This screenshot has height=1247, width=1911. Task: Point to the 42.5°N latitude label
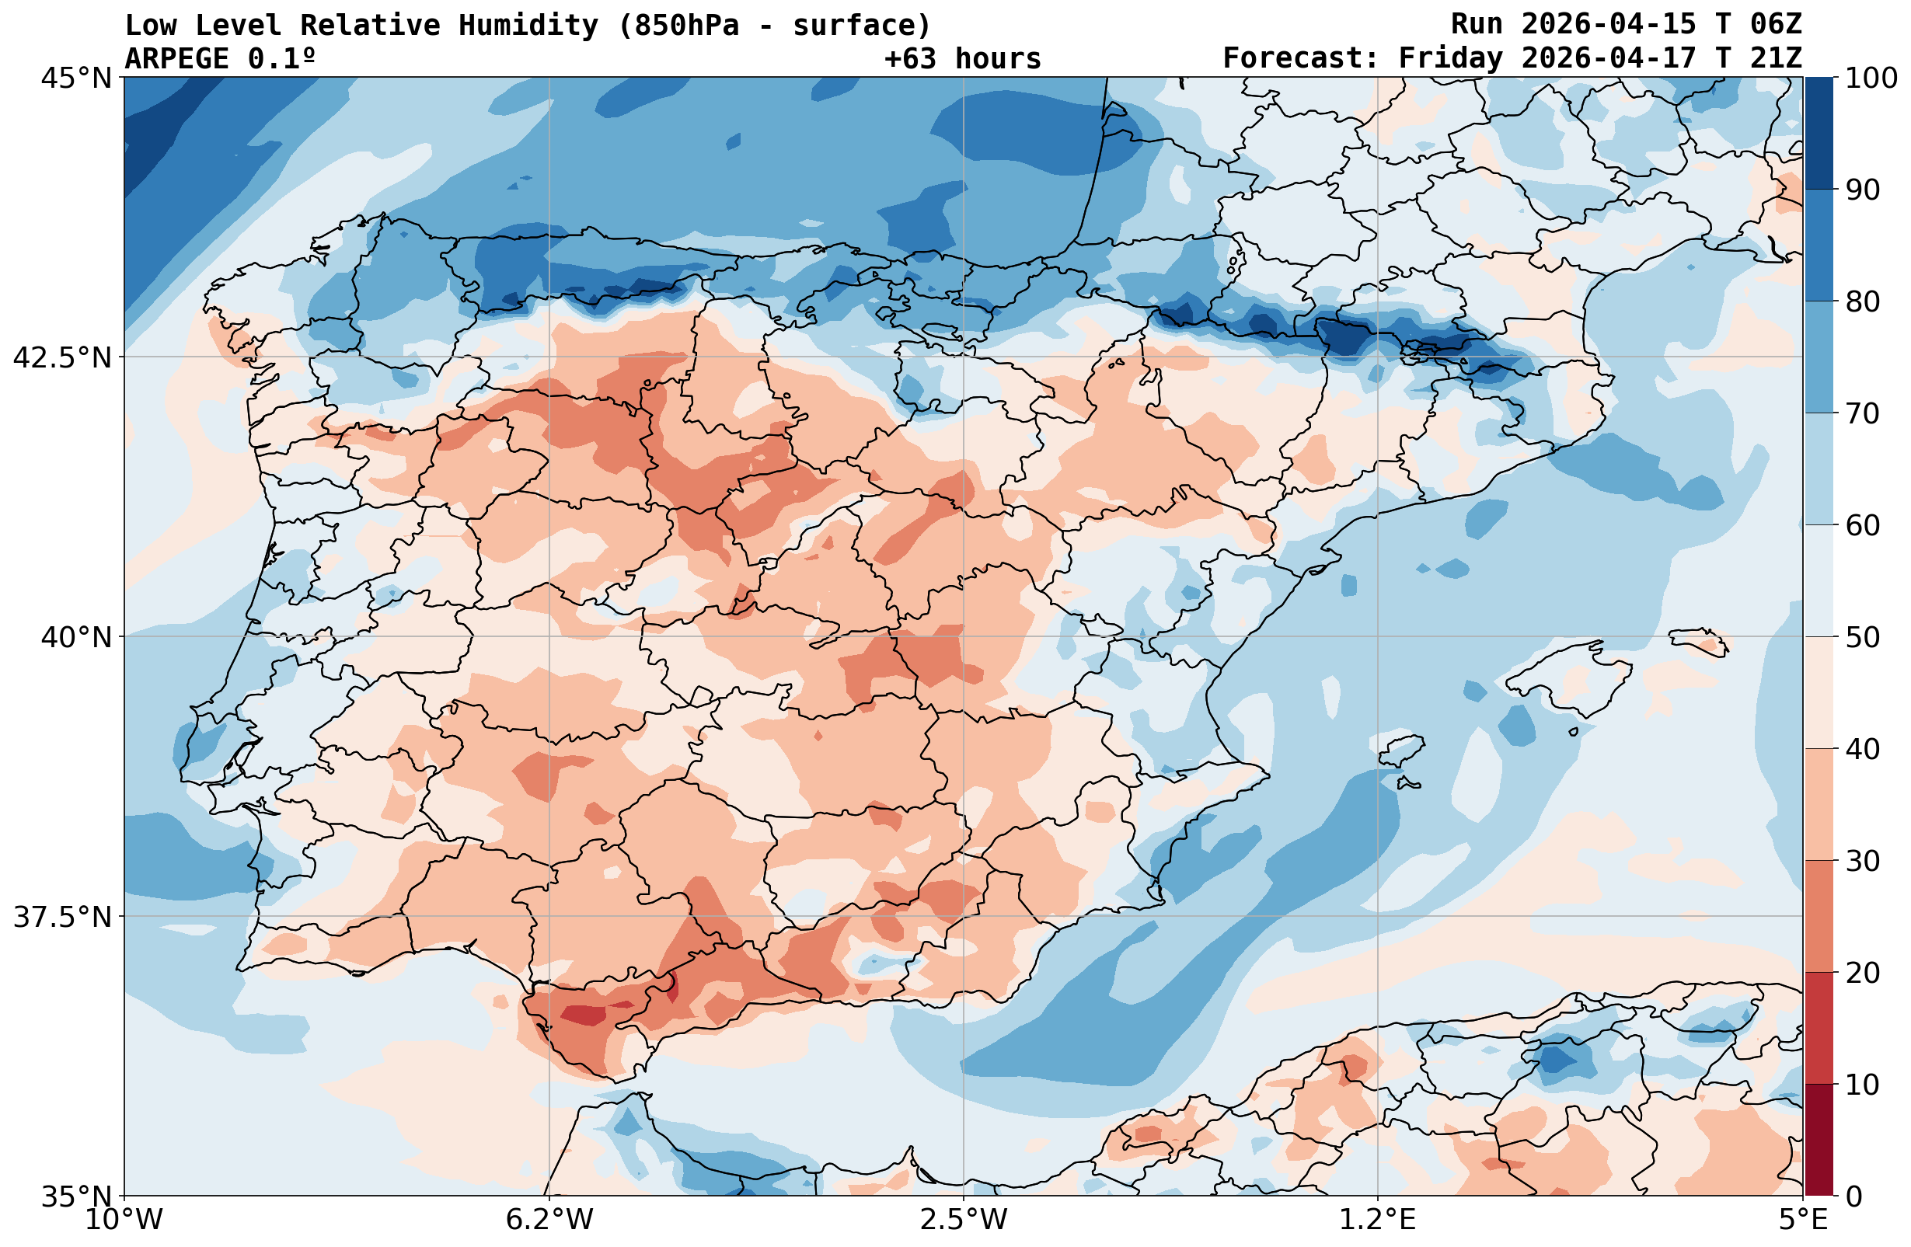63,357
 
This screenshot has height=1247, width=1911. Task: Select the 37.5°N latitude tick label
63,917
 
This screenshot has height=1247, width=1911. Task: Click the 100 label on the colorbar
1870,78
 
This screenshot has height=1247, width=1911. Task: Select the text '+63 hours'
963,58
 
